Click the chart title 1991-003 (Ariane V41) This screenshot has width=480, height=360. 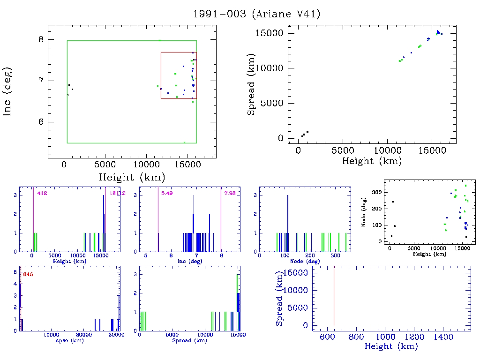pyautogui.click(x=257, y=14)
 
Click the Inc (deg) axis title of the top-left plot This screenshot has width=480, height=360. pyautogui.click(x=8, y=92)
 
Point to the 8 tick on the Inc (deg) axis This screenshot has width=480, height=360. pyautogui.click(x=41, y=39)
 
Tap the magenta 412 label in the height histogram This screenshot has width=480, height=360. pyautogui.click(x=42, y=193)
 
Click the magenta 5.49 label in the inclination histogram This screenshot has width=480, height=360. pyautogui.click(x=167, y=193)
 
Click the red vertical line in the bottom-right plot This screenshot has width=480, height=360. pyautogui.click(x=334, y=295)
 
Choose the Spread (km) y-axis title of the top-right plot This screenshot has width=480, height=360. pyautogui.click(x=252, y=85)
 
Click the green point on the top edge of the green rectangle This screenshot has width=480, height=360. pyautogui.click(x=160, y=40)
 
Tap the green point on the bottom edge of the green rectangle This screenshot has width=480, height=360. pyautogui.click(x=184, y=142)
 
